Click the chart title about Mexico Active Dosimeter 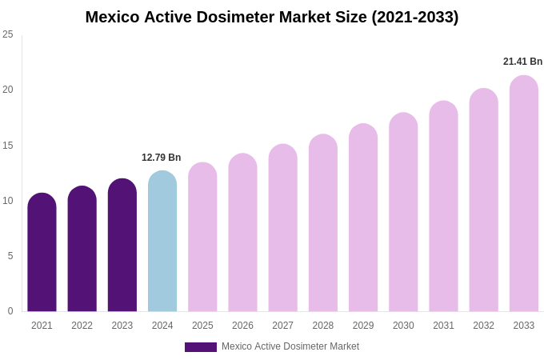point(272,17)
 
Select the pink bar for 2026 point(242,233)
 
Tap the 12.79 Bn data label point(162,158)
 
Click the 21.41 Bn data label point(522,62)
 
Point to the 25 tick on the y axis point(8,34)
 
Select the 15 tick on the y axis point(8,146)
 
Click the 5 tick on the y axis point(10,256)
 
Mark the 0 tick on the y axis point(10,311)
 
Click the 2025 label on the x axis point(202,326)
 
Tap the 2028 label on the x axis point(323,326)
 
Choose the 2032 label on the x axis point(483,326)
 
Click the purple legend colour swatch point(201,347)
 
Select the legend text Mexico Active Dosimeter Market point(290,346)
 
